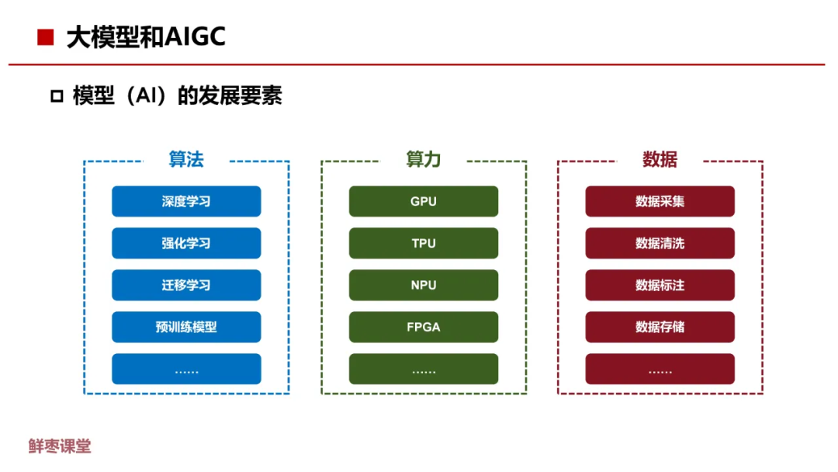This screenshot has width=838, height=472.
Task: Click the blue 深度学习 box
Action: pyautogui.click(x=186, y=202)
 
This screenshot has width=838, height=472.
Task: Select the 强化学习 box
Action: pyautogui.click(x=186, y=244)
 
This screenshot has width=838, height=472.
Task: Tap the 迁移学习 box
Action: pyautogui.click(x=186, y=286)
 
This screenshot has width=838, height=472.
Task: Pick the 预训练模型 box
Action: pyautogui.click(x=186, y=328)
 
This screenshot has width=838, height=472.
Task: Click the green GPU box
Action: pyautogui.click(x=424, y=202)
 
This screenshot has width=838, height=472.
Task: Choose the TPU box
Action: pyautogui.click(x=424, y=244)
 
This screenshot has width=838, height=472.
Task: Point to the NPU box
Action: pyautogui.click(x=424, y=286)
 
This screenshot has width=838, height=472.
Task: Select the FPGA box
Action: pyautogui.click(x=424, y=328)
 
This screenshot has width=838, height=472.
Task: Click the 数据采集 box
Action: pyautogui.click(x=660, y=202)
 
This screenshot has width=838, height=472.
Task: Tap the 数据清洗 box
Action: pyautogui.click(x=660, y=244)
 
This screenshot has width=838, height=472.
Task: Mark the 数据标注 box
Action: pyautogui.click(x=660, y=286)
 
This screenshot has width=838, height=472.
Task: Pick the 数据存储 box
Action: pyautogui.click(x=660, y=328)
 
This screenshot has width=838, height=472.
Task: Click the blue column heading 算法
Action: pyautogui.click(x=186, y=159)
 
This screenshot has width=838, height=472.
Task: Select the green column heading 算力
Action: pyautogui.click(x=424, y=159)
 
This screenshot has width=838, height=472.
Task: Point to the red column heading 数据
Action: pyautogui.click(x=660, y=159)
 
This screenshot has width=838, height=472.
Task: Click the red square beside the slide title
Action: pyautogui.click(x=46, y=37)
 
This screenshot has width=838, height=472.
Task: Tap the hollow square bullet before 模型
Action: pyautogui.click(x=56, y=97)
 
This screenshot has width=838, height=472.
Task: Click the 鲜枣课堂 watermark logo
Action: pyautogui.click(x=60, y=446)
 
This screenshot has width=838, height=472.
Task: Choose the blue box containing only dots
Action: pyautogui.click(x=186, y=370)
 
